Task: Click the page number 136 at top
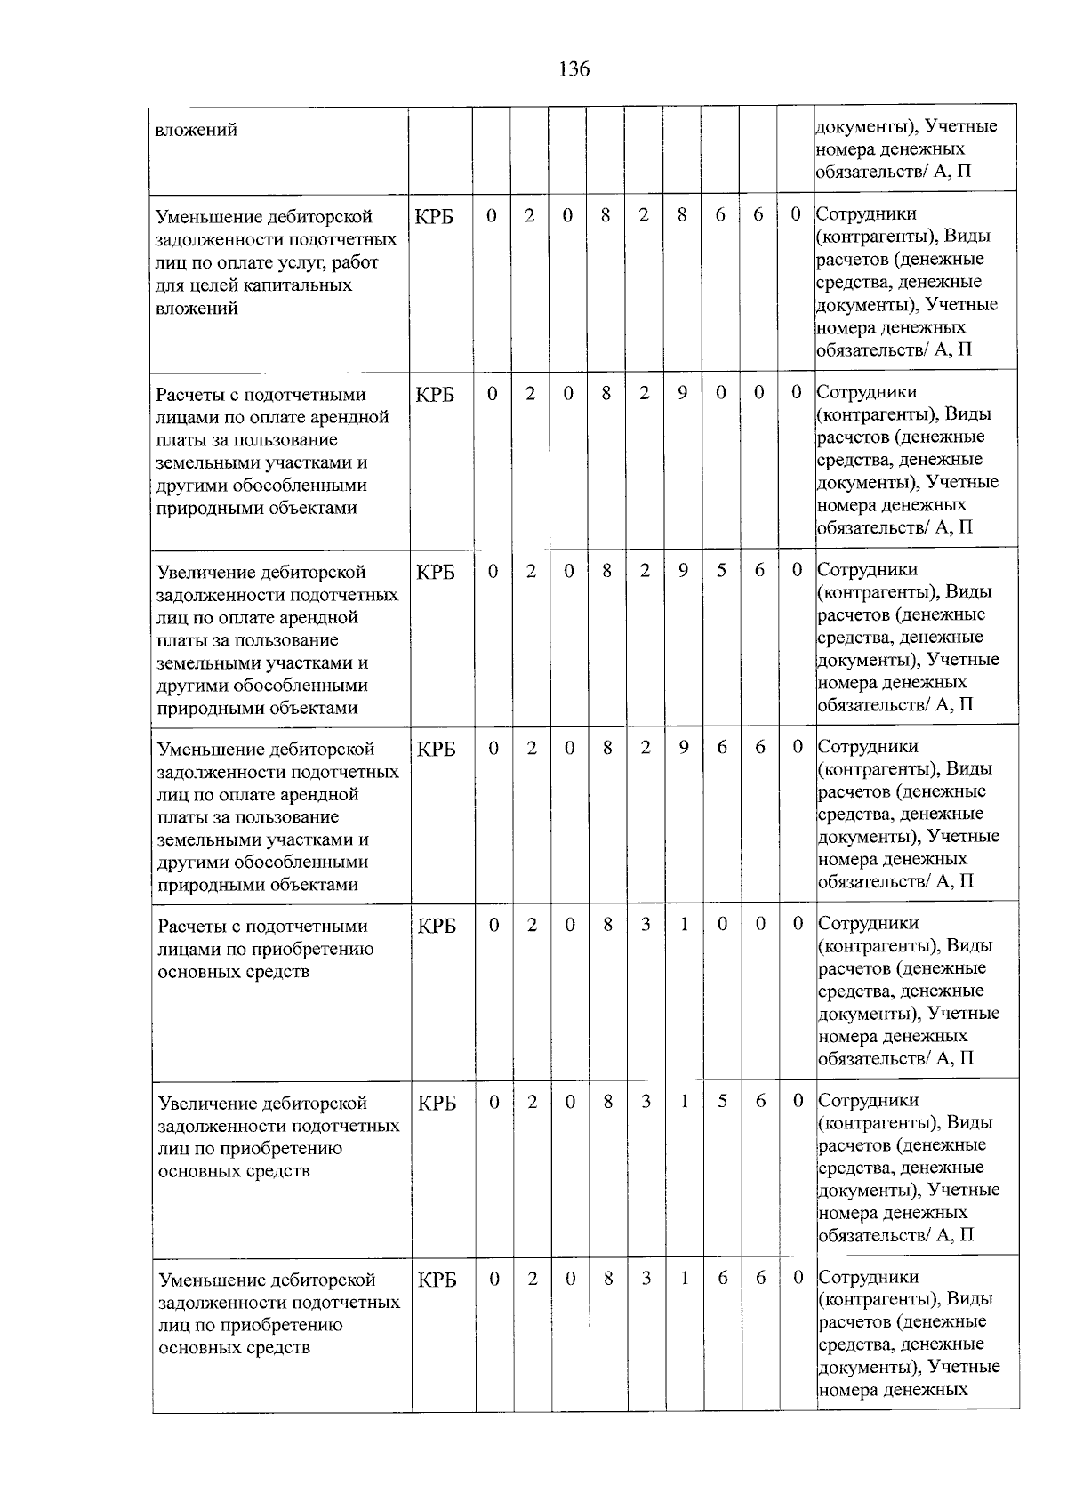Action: [x=574, y=69]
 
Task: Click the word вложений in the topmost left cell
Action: [x=197, y=131]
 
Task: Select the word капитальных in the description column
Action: [x=299, y=285]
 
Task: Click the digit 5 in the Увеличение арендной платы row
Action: [x=721, y=570]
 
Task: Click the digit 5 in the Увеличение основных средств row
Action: [x=723, y=1101]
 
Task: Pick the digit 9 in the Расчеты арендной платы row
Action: [x=682, y=392]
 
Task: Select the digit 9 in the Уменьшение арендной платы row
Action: [x=683, y=747]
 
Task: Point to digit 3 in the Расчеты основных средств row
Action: [x=646, y=924]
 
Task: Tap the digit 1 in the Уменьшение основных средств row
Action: [x=685, y=1277]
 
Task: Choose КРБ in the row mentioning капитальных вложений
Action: [x=435, y=217]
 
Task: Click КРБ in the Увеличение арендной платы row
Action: [x=436, y=572]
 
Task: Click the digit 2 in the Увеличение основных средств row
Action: [x=533, y=1101]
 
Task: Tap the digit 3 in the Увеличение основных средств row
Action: [x=646, y=1101]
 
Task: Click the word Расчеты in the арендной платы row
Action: [x=188, y=395]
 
